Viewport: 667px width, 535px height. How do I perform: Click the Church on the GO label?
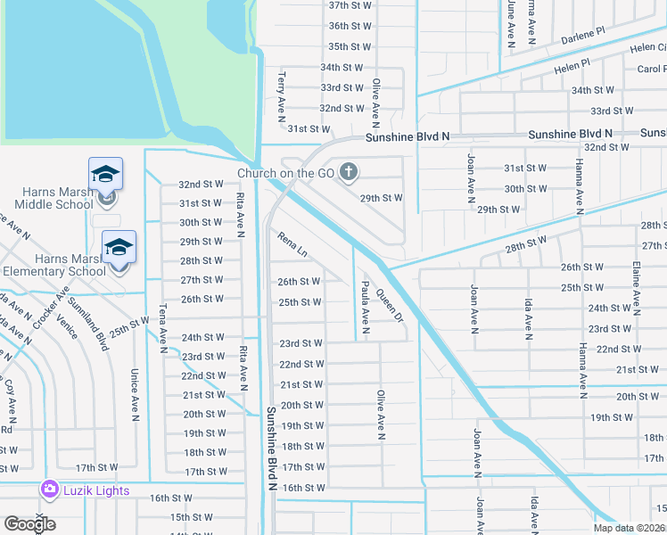[x=285, y=173]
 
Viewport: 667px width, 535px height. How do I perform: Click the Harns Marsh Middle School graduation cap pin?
[x=105, y=175]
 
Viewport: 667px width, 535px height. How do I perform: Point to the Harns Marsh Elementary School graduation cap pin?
[x=119, y=247]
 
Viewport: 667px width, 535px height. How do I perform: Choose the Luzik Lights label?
[x=95, y=490]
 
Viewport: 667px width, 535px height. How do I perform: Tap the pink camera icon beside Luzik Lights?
[x=49, y=490]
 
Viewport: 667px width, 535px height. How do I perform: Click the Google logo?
[x=29, y=524]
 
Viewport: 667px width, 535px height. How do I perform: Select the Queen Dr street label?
[x=390, y=305]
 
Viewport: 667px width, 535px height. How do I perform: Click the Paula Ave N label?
[x=365, y=305]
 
